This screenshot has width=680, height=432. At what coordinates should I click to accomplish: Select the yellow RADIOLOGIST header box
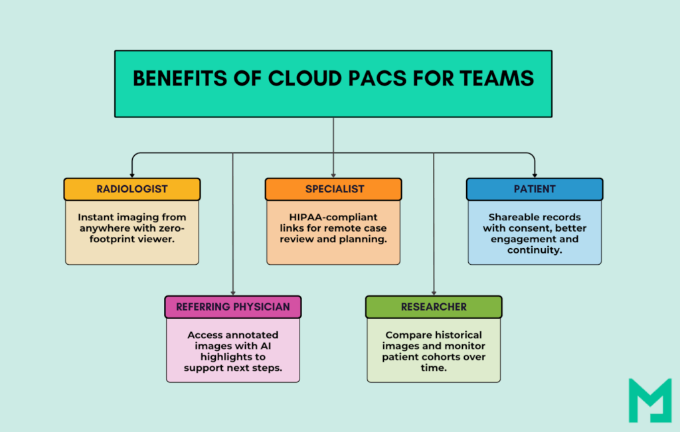point(131,189)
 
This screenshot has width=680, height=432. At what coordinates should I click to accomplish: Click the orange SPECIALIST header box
point(333,189)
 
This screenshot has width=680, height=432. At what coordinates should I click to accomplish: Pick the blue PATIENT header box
point(535,189)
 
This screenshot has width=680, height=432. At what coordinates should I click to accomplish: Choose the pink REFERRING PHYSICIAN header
point(232,307)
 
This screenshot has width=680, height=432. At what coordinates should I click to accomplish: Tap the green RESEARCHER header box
point(434,307)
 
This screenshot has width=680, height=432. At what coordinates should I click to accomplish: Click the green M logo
point(649,400)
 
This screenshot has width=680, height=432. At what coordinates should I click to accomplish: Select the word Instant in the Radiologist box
point(95,217)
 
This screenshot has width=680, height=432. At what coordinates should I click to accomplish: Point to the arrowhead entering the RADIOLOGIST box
point(131,175)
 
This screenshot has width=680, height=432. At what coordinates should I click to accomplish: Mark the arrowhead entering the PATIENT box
point(535,175)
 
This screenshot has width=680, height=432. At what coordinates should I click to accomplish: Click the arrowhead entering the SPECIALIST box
point(333,175)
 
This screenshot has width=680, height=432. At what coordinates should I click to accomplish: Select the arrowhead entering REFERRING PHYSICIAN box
point(232,293)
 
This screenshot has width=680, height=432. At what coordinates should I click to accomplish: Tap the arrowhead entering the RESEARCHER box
point(434,293)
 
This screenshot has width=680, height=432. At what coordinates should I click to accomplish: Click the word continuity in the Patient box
point(535,250)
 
